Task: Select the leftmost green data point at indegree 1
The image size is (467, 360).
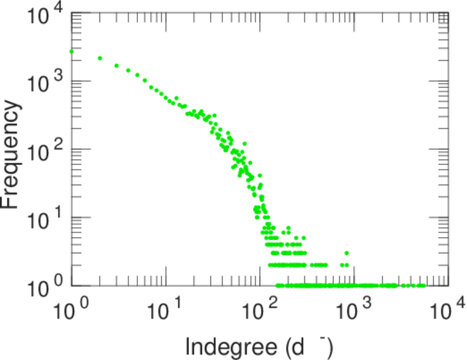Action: (71, 52)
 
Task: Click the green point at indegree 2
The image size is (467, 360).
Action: (100, 58)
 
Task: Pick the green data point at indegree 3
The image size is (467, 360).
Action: (116, 65)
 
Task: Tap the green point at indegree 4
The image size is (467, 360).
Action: (128, 70)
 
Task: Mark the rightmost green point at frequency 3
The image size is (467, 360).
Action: (347, 253)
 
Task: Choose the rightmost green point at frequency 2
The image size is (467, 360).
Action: (347, 265)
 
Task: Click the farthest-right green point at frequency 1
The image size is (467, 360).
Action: (423, 286)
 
